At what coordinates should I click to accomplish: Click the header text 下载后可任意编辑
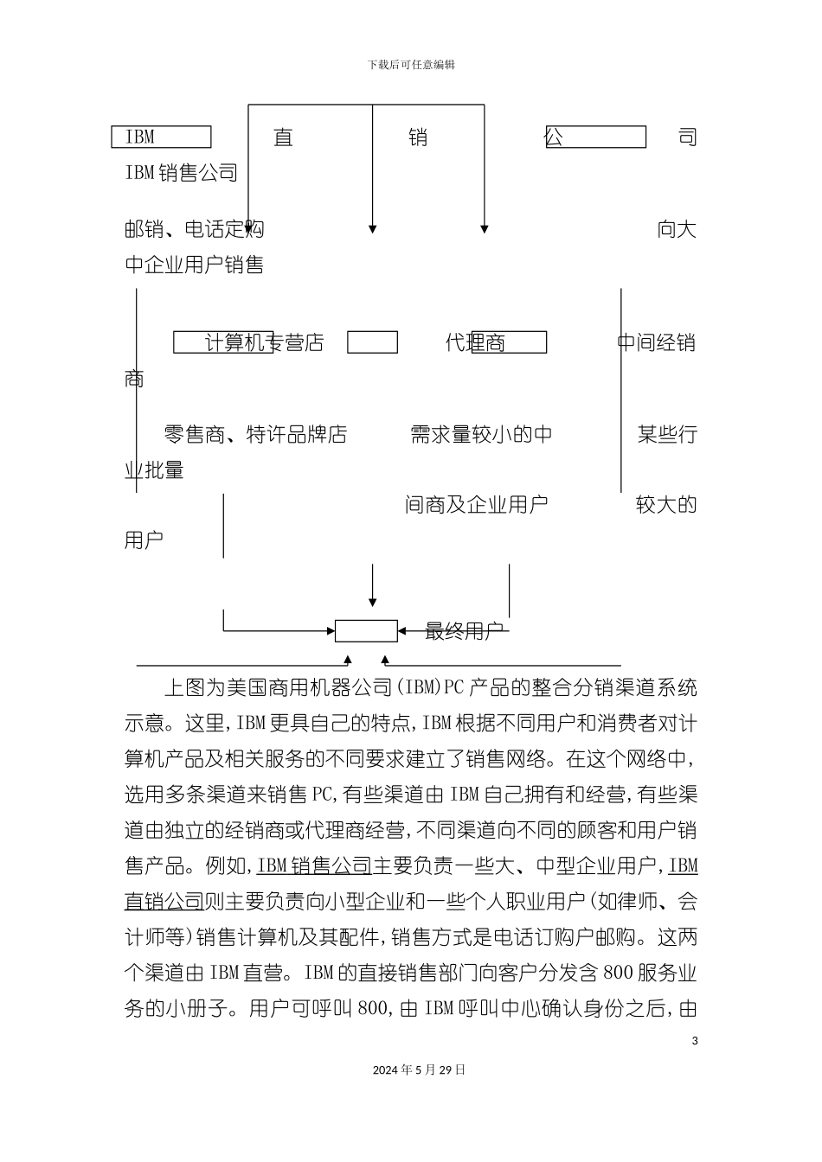(x=411, y=65)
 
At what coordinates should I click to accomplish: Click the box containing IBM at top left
(x=162, y=137)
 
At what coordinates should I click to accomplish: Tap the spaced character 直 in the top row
(x=283, y=137)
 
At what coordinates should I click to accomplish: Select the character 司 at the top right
(x=687, y=137)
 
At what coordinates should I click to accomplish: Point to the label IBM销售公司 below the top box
(x=182, y=173)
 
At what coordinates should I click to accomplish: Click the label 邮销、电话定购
(x=195, y=229)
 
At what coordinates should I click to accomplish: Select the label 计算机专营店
(x=264, y=343)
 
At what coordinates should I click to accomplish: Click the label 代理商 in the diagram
(x=475, y=343)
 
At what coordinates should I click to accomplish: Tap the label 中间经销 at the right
(x=657, y=343)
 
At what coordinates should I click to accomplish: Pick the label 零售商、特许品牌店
(x=255, y=435)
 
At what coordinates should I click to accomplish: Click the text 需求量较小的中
(x=481, y=435)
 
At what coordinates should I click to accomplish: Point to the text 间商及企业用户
(x=477, y=505)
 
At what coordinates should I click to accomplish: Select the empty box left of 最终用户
(x=366, y=631)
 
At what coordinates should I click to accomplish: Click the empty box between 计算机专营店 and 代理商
(x=372, y=343)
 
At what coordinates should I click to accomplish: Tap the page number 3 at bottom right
(x=695, y=1040)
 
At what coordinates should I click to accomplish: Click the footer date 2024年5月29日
(x=419, y=1069)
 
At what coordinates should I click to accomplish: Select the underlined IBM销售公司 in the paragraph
(x=315, y=865)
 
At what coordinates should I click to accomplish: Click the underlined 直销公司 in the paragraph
(x=164, y=902)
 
